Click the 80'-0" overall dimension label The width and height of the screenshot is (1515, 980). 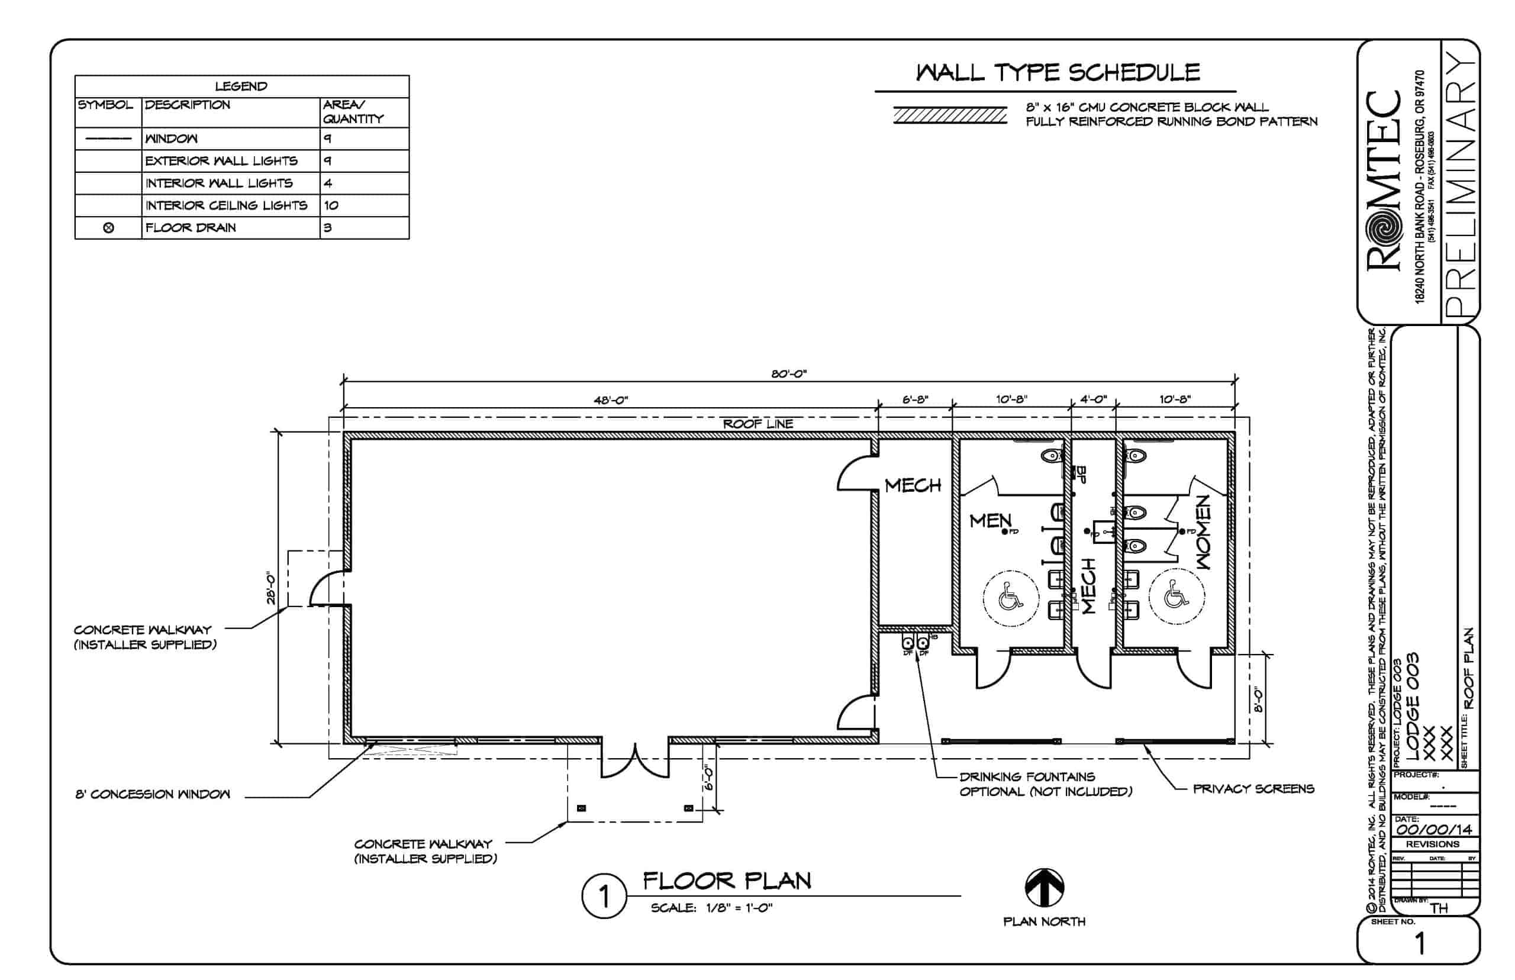(788, 373)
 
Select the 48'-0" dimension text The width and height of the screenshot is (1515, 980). (610, 400)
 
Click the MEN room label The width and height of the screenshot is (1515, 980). (989, 521)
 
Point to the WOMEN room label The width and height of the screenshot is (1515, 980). (1203, 532)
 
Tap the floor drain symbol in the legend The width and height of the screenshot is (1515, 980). (108, 228)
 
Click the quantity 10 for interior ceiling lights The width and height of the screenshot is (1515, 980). (331, 205)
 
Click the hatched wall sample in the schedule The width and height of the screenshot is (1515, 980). (949, 115)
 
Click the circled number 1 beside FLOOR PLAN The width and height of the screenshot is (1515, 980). (603, 897)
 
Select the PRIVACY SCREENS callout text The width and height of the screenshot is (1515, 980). (1253, 789)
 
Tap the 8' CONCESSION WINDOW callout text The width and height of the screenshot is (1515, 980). (153, 794)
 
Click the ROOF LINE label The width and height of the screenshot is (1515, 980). (757, 424)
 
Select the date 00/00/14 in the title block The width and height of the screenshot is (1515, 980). (1434, 830)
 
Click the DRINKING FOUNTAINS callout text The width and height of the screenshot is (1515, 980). (1027, 777)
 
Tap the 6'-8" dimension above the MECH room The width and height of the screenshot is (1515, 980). (915, 399)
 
